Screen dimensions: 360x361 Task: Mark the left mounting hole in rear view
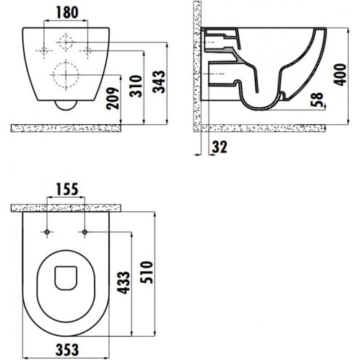tap(43, 50)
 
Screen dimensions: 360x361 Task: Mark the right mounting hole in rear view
tap(87, 50)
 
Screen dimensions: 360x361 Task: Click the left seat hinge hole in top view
tap(47, 232)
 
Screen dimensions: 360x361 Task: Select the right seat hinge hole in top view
tap(85, 232)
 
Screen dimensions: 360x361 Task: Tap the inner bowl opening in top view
tap(66, 281)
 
